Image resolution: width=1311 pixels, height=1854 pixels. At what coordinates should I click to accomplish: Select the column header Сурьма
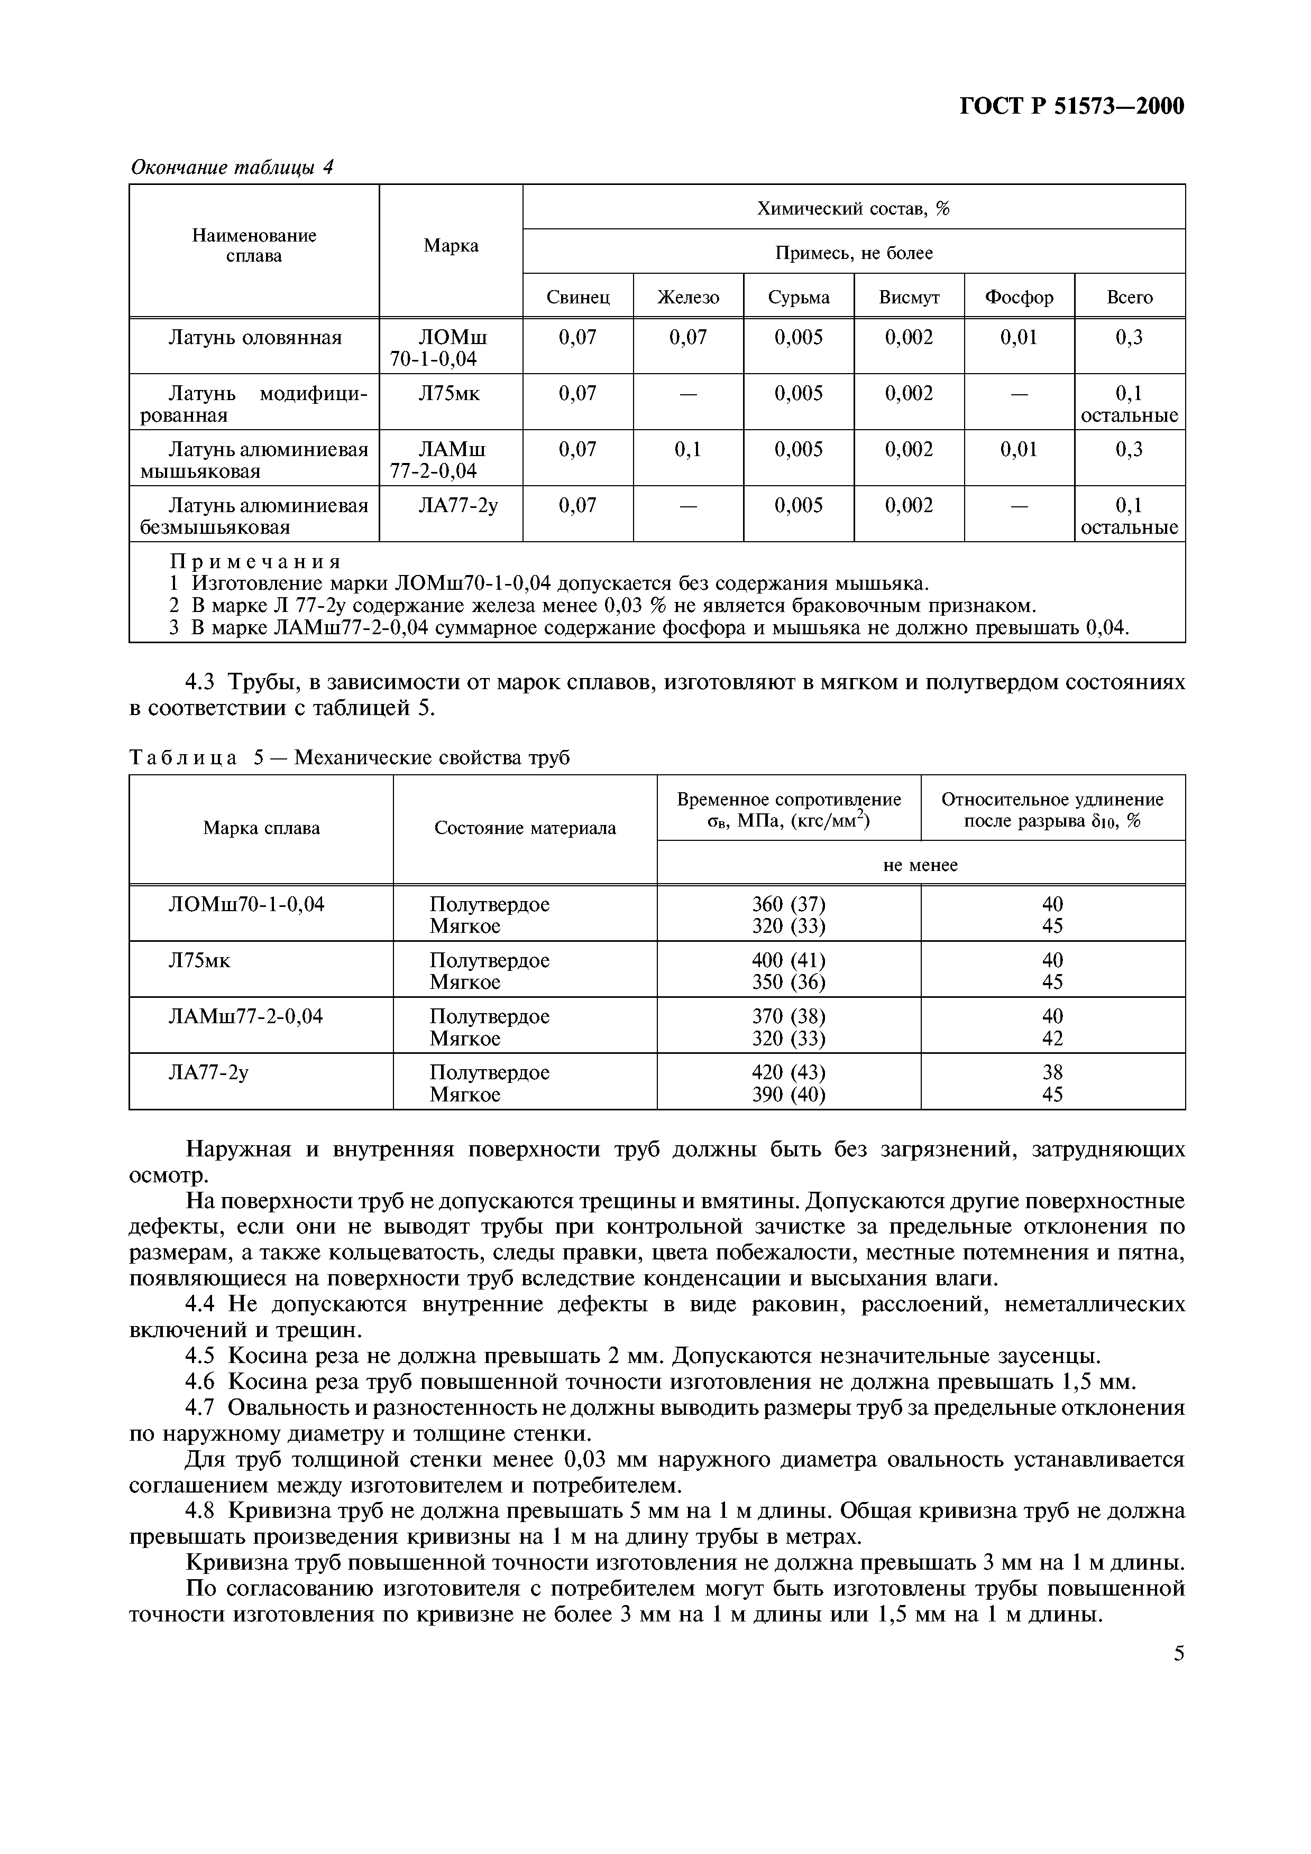(798, 297)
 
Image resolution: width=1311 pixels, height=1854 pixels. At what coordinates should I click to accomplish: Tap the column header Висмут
(909, 297)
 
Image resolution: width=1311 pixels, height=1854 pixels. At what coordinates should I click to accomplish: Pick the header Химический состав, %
(853, 208)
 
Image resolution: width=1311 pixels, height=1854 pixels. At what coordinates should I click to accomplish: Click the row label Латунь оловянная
(254, 338)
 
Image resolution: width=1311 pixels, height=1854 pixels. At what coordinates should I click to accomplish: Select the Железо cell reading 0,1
(687, 449)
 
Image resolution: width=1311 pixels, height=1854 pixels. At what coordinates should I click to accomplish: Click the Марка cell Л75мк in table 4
(450, 393)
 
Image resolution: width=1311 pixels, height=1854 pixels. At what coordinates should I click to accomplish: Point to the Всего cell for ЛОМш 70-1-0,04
(1129, 338)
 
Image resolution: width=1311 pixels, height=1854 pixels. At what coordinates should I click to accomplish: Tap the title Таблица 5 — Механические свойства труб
(350, 758)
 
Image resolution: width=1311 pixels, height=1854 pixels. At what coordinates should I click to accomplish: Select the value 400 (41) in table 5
(789, 960)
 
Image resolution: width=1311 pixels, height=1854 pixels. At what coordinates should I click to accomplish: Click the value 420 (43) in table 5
(789, 1072)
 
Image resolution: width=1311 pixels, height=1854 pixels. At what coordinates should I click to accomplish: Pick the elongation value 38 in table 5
(1052, 1072)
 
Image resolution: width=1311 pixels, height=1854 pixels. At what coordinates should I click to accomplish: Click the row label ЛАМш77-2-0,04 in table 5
(245, 1016)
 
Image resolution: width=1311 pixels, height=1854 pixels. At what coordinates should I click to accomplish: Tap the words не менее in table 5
(920, 865)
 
